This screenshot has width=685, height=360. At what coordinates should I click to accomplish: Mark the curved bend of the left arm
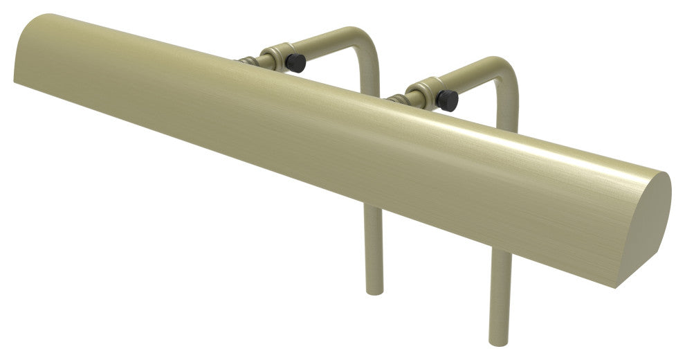coord(362,40)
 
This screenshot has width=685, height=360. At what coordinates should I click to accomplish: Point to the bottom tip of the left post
coord(374,290)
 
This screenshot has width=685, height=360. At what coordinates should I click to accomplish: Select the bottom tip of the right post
coord(500,341)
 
